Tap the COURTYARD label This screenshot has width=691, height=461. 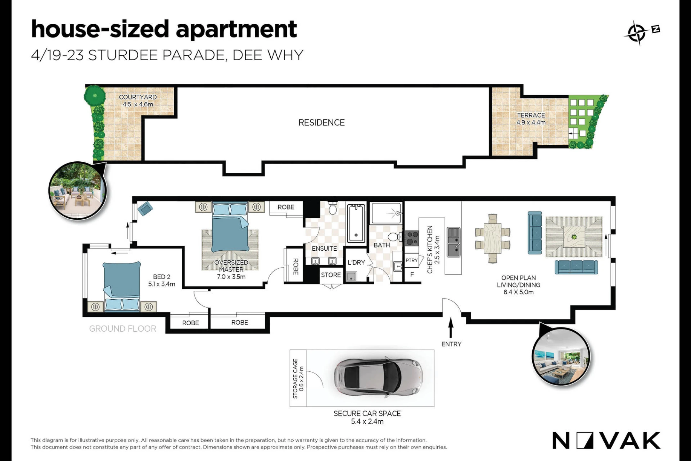click(x=138, y=97)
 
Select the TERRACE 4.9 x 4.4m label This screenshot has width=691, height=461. click(x=531, y=119)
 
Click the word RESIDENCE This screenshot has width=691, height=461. click(x=322, y=123)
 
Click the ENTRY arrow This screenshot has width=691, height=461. click(x=451, y=328)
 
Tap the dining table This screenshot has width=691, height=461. click(x=492, y=238)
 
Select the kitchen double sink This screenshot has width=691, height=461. click(x=454, y=242)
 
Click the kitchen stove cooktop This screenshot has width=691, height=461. click(x=412, y=239)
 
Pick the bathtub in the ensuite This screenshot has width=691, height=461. click(x=356, y=223)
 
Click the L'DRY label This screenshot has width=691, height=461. click(x=356, y=263)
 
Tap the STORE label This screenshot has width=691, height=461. click(x=331, y=275)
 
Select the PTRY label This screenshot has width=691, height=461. click(x=411, y=260)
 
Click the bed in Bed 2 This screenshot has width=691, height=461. click(x=122, y=286)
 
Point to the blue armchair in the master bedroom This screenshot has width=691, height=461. click(x=145, y=209)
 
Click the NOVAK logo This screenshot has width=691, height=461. click(x=606, y=441)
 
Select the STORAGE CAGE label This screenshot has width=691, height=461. click(x=298, y=378)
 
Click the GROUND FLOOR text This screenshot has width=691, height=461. click(x=123, y=329)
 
